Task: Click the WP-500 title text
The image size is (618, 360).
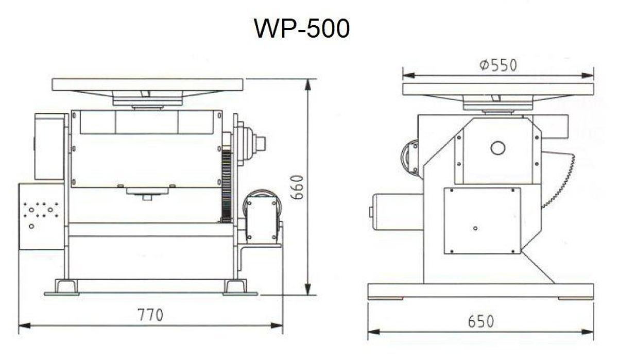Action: [302, 28]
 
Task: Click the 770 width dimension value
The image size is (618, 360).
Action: [150, 314]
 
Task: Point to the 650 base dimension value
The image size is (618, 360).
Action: [480, 321]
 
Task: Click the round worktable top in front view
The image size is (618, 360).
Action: [147, 84]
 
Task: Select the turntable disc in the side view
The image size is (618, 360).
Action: [497, 89]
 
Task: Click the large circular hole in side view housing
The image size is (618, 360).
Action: [497, 148]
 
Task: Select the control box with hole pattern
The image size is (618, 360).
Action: [41, 216]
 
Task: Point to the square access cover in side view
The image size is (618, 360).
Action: [482, 220]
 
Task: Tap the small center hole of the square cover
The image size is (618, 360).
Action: [475, 228]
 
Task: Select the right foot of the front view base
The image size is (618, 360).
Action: [236, 286]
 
